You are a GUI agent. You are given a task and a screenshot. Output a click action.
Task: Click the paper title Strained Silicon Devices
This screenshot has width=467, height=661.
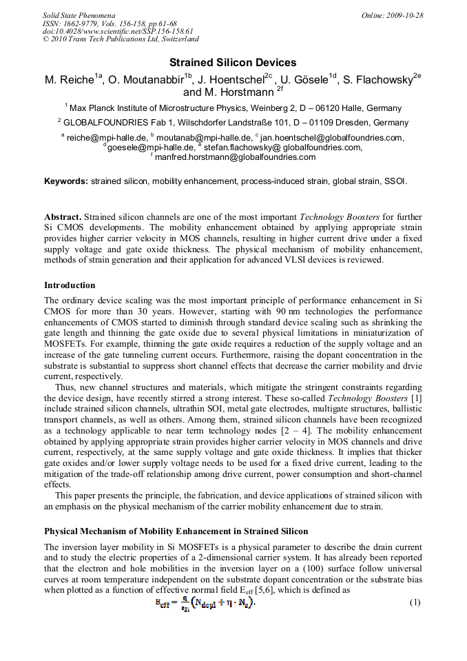click(233, 63)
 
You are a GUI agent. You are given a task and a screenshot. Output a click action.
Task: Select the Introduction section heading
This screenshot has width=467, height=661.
click(70, 285)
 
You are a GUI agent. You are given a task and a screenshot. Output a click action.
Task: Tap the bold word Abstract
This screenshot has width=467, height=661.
click(63, 217)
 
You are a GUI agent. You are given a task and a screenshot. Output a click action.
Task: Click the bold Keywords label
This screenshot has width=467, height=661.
click(66, 181)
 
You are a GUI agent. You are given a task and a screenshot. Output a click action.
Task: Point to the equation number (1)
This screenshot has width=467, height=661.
click(415, 602)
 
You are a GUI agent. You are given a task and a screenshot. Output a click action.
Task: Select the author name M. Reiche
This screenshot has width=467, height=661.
click(69, 80)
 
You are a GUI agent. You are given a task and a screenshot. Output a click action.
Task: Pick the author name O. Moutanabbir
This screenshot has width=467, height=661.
click(145, 80)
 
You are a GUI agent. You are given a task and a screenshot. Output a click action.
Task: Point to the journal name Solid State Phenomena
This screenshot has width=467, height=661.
click(79, 14)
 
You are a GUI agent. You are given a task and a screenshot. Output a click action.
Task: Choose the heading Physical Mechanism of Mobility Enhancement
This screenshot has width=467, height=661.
click(176, 531)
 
